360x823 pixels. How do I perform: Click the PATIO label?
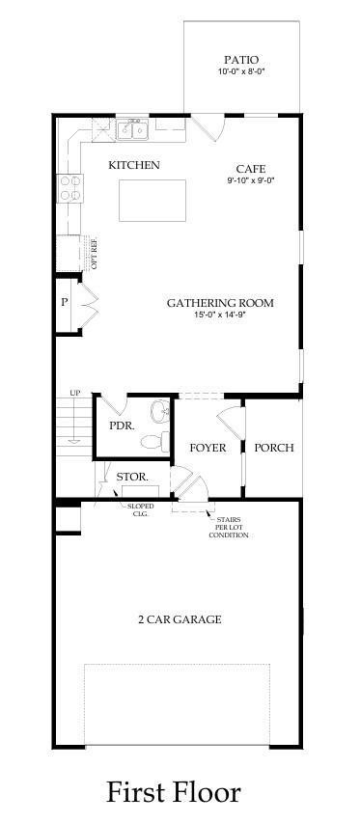pos(240,60)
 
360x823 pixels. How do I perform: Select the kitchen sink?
pos(133,128)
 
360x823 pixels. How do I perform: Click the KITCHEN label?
pos(134,165)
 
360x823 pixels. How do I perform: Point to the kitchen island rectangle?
pos(147,201)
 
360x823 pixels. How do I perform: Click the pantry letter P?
pos(64,303)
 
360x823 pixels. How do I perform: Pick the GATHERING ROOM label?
pos(220,303)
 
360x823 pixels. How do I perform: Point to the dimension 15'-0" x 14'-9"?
pos(220,315)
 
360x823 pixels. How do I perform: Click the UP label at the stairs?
pos(74,393)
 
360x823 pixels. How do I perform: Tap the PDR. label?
pos(121,425)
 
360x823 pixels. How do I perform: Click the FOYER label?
pos(208,448)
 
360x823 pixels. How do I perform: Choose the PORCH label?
pos(273,448)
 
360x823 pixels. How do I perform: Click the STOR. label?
pos(131,477)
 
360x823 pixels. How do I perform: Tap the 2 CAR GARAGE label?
pos(179,619)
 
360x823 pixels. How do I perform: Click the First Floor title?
pos(174,792)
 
